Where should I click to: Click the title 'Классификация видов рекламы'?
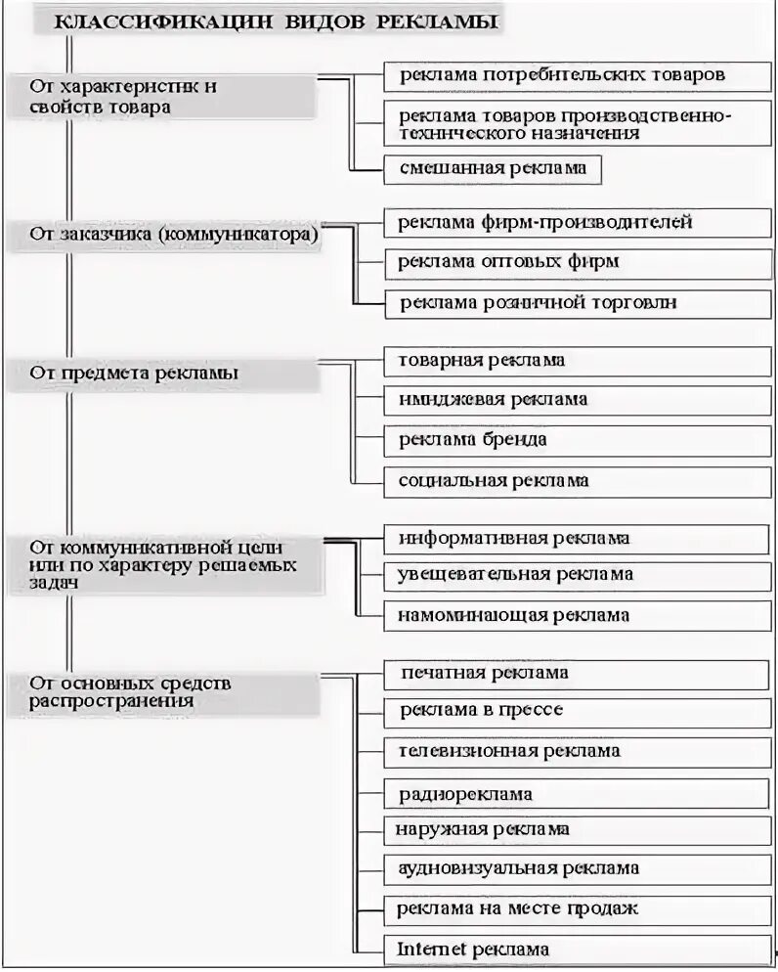click(x=273, y=22)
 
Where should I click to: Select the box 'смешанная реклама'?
click(x=492, y=168)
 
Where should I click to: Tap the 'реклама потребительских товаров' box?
click(x=562, y=75)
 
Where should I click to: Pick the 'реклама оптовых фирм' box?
click(x=508, y=262)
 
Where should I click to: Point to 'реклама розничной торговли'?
click(x=537, y=303)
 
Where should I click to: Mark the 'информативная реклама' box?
click(x=514, y=539)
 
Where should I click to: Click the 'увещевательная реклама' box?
click(x=515, y=575)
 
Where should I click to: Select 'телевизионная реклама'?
click(x=508, y=751)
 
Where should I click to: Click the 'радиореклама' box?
click(x=465, y=794)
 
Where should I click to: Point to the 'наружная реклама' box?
click(x=482, y=830)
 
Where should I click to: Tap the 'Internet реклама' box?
click(x=473, y=949)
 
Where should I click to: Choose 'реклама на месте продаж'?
click(x=517, y=908)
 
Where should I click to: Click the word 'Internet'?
click(x=432, y=949)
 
